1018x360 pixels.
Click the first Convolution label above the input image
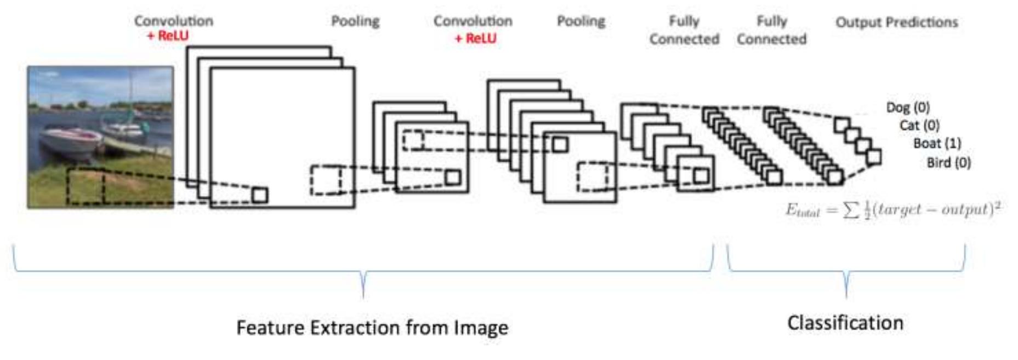tap(173, 21)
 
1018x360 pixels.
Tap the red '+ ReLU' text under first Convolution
tap(168, 36)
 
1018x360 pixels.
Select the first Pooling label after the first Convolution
tap(355, 21)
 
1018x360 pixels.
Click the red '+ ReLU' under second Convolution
tap(475, 38)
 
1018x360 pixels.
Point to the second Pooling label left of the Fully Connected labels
tap(581, 21)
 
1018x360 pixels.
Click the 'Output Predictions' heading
tap(896, 22)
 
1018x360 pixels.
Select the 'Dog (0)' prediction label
tap(908, 107)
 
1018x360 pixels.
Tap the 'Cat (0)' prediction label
tap(919, 125)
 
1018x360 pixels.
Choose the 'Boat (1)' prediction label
tap(937, 144)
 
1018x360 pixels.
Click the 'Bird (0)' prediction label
tap(948, 163)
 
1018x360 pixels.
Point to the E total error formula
tap(893, 210)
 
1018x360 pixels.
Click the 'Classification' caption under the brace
tap(845, 323)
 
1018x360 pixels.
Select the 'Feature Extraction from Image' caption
tap(372, 328)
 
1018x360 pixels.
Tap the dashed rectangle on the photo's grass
tap(86, 186)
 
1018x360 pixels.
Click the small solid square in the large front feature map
tap(260, 195)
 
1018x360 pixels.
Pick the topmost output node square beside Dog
tap(841, 125)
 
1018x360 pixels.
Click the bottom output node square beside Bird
tap(874, 157)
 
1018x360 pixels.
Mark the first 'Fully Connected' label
tap(684, 30)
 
